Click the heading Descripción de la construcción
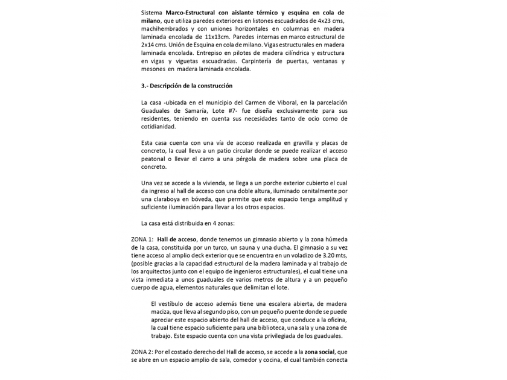coord(190,86)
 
